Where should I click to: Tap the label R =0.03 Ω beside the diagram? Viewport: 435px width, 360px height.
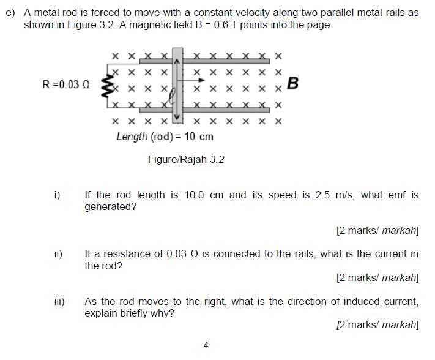click(66, 84)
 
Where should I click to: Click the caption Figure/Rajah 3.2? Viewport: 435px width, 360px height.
click(186, 160)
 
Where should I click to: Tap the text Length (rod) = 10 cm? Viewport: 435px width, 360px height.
click(165, 137)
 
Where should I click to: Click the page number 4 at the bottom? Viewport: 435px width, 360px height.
click(206, 345)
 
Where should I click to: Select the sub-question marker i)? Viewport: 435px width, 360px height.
click(57, 195)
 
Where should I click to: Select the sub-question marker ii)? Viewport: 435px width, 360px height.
click(58, 253)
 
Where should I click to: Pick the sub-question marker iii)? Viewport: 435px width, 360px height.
click(59, 301)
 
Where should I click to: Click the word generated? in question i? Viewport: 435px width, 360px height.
click(110, 207)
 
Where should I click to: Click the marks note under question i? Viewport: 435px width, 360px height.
click(377, 231)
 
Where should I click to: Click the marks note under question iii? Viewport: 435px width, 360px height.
click(377, 324)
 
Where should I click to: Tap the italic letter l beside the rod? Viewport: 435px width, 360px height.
click(173, 94)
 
